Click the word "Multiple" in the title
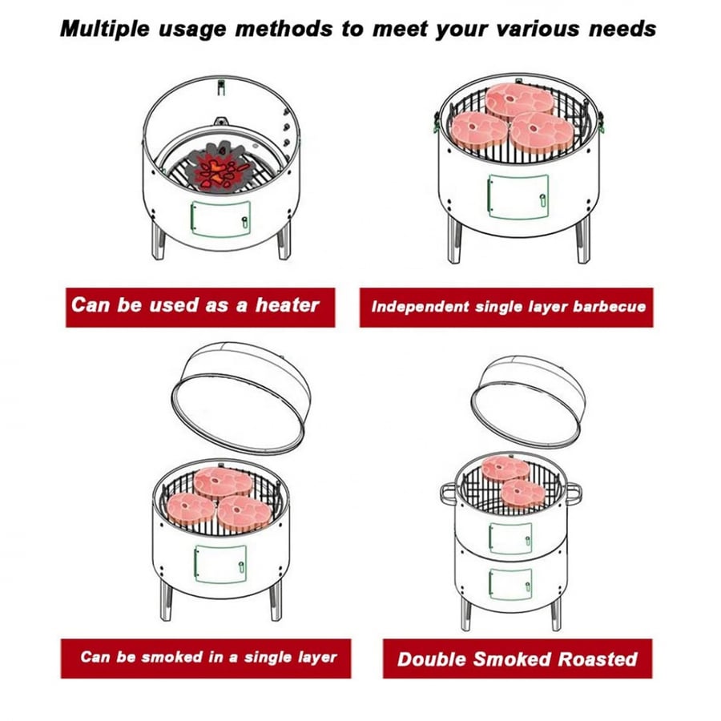point(105,29)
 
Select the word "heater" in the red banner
point(288,305)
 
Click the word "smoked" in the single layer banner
point(172,657)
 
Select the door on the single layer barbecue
point(518,197)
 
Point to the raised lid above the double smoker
point(528,399)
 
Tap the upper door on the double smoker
point(510,538)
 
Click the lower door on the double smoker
point(510,584)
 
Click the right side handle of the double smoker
point(573,493)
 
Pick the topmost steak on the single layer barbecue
point(520,101)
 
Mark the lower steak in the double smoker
point(523,493)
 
